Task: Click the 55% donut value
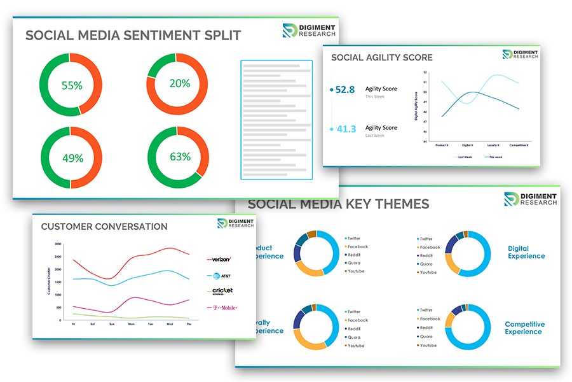[x=71, y=85]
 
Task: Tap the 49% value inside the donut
[x=71, y=158]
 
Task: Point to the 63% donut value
[x=179, y=157]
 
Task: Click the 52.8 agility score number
[x=345, y=90]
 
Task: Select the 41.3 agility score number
[x=346, y=129]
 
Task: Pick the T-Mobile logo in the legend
[x=222, y=308]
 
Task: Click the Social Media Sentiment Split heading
[x=133, y=36]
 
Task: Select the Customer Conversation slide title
[x=104, y=227]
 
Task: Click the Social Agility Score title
[x=382, y=57]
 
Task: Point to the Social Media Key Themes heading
[x=338, y=204]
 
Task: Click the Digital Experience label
[x=526, y=252]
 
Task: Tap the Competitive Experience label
[x=525, y=328]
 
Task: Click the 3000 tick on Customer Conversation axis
[x=58, y=244]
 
